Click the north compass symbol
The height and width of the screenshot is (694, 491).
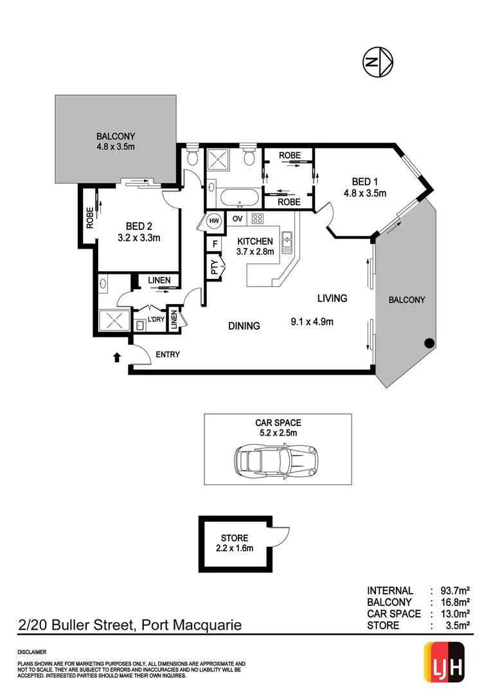tap(377, 62)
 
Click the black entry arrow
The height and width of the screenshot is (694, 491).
tap(116, 357)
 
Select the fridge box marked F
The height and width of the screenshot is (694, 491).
tap(214, 244)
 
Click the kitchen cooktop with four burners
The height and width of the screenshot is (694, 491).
tap(257, 218)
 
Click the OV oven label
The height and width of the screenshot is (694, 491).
tap(237, 218)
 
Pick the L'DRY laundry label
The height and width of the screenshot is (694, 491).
tap(156, 319)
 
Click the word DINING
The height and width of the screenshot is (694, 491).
tap(244, 326)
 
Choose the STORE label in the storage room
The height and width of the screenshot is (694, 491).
tap(234, 538)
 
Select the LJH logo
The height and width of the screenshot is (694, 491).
tap(445, 663)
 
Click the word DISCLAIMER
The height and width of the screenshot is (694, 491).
tap(32, 651)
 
